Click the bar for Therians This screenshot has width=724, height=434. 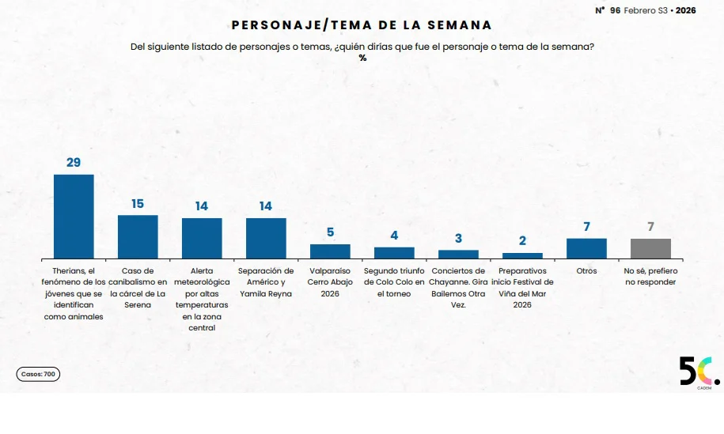74,216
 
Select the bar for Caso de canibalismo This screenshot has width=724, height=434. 138,236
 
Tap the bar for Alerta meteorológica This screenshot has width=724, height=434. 202,238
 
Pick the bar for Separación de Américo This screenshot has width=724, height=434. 266,238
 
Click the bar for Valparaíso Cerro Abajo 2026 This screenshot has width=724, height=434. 330,251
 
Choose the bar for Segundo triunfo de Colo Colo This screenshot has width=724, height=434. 394,252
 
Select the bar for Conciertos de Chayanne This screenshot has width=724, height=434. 458,254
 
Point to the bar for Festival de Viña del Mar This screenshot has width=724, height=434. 522,255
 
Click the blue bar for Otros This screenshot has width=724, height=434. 586,248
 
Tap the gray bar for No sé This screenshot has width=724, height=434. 650,248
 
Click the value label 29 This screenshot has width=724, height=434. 74,163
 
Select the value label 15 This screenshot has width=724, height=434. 138,204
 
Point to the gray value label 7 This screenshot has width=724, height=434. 650,227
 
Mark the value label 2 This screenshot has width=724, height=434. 522,241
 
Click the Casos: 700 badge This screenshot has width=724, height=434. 38,374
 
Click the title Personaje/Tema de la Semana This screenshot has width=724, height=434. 362,25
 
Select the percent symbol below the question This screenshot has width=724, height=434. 362,58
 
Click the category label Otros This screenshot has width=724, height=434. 586,271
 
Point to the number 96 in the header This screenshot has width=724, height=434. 615,10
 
